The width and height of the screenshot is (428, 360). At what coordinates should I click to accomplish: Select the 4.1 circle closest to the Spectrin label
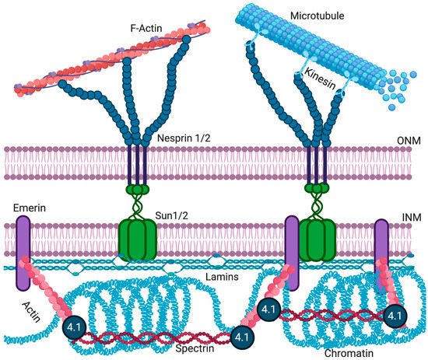[x=242, y=337]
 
